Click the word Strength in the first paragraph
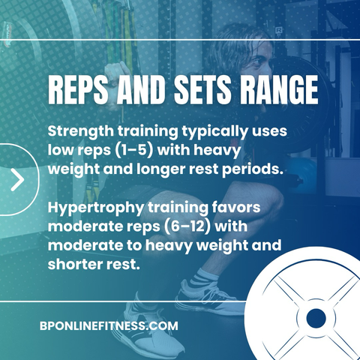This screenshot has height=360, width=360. [81, 132]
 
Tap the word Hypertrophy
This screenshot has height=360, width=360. [96, 208]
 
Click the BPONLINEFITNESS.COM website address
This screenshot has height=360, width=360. [109, 326]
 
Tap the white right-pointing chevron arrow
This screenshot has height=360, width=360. [17, 179]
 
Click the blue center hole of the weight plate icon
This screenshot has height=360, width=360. [316, 318]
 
